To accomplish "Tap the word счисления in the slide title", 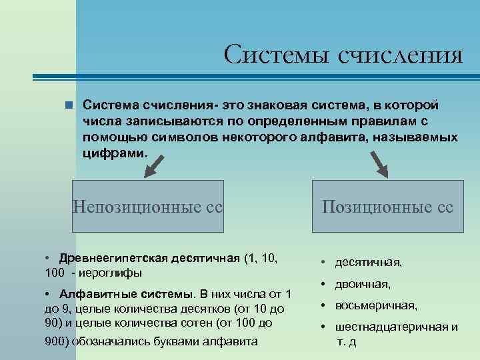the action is click(x=401, y=55).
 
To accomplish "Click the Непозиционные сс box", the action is click(x=147, y=207).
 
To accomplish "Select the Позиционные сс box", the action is click(x=387, y=207).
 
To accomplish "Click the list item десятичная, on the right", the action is click(x=369, y=263).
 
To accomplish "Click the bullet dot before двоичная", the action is click(x=322, y=284).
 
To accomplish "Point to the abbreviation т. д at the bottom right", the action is click(x=346, y=342).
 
